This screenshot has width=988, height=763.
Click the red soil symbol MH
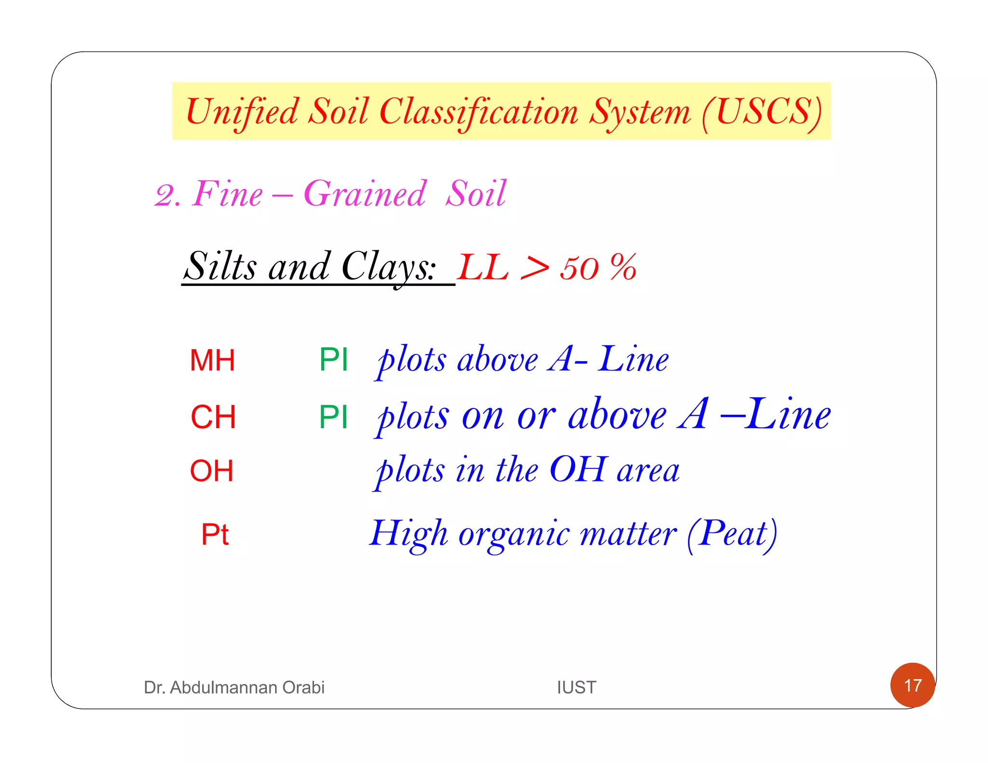coord(212,360)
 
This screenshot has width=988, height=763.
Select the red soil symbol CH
coord(213,417)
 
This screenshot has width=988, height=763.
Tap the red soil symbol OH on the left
coord(212,471)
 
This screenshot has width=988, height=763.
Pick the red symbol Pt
coord(215,534)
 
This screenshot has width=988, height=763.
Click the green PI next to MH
coord(333,360)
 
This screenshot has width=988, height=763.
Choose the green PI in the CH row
coord(333,417)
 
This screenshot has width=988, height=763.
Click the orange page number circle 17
coord(912,685)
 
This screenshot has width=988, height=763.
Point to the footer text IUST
coord(576,687)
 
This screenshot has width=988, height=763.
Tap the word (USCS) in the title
coord(762,112)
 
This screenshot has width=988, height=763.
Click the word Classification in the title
coord(479,112)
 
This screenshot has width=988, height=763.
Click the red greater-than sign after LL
coord(535,268)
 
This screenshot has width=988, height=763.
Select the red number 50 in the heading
coord(579,268)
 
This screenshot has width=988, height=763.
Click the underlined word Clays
coord(388,267)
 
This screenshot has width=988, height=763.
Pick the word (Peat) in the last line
coord(732,534)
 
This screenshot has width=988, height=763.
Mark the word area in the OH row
coord(648,471)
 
